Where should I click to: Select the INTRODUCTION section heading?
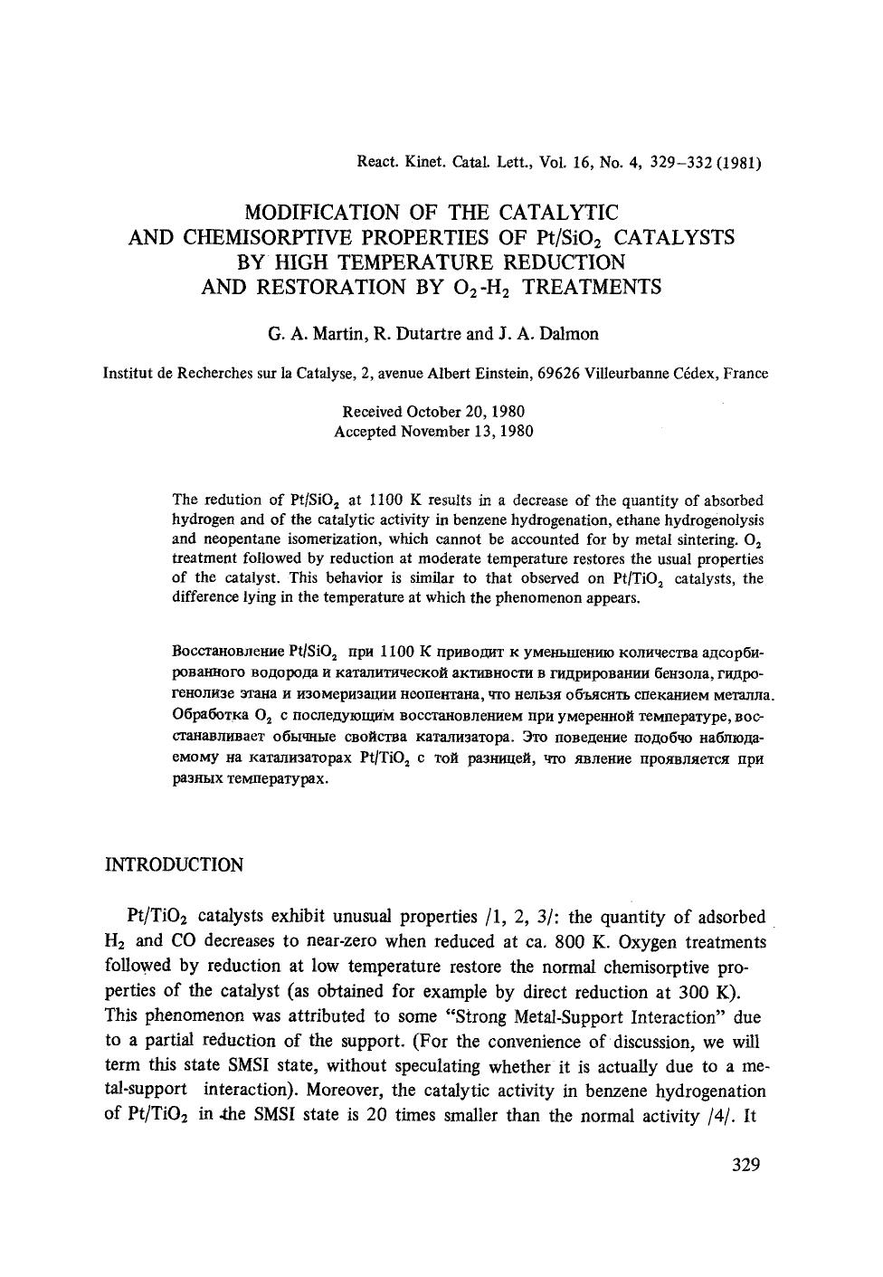tap(175, 865)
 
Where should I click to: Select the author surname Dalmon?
tap(568, 334)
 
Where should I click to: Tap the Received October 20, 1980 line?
tap(433, 412)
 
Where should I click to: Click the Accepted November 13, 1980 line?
tap(433, 432)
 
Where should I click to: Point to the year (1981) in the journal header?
tap(737, 164)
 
